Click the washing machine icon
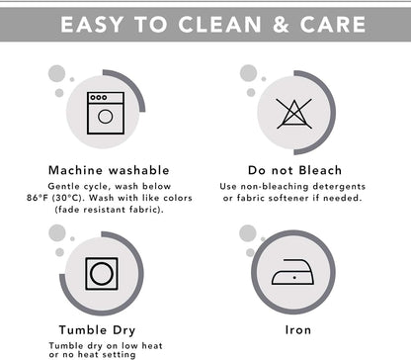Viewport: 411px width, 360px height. tap(106, 113)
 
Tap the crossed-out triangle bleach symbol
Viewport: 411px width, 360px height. tap(293, 114)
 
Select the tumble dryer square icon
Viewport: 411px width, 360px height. tap(102, 274)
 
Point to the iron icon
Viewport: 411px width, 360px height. tap(292, 272)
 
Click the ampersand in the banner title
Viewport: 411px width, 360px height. tap(281, 25)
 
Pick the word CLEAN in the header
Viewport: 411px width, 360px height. tap(219, 25)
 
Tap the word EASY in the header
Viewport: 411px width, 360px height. tap(92, 25)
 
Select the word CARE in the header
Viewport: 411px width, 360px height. tap(333, 25)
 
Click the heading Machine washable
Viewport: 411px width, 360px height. tap(109, 170)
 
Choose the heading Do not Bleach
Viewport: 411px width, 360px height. tap(294, 170)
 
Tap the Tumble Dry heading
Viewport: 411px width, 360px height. tap(97, 330)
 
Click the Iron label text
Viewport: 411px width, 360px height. tap(298, 330)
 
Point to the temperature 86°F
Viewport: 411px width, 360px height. tap(38, 198)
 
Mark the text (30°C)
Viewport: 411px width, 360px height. tap(69, 198)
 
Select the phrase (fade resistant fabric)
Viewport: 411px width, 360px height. tap(109, 210)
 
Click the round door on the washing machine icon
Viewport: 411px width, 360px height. tap(106, 117)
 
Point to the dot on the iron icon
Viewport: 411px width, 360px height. tap(294, 278)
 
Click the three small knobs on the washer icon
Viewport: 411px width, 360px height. tap(99, 97)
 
